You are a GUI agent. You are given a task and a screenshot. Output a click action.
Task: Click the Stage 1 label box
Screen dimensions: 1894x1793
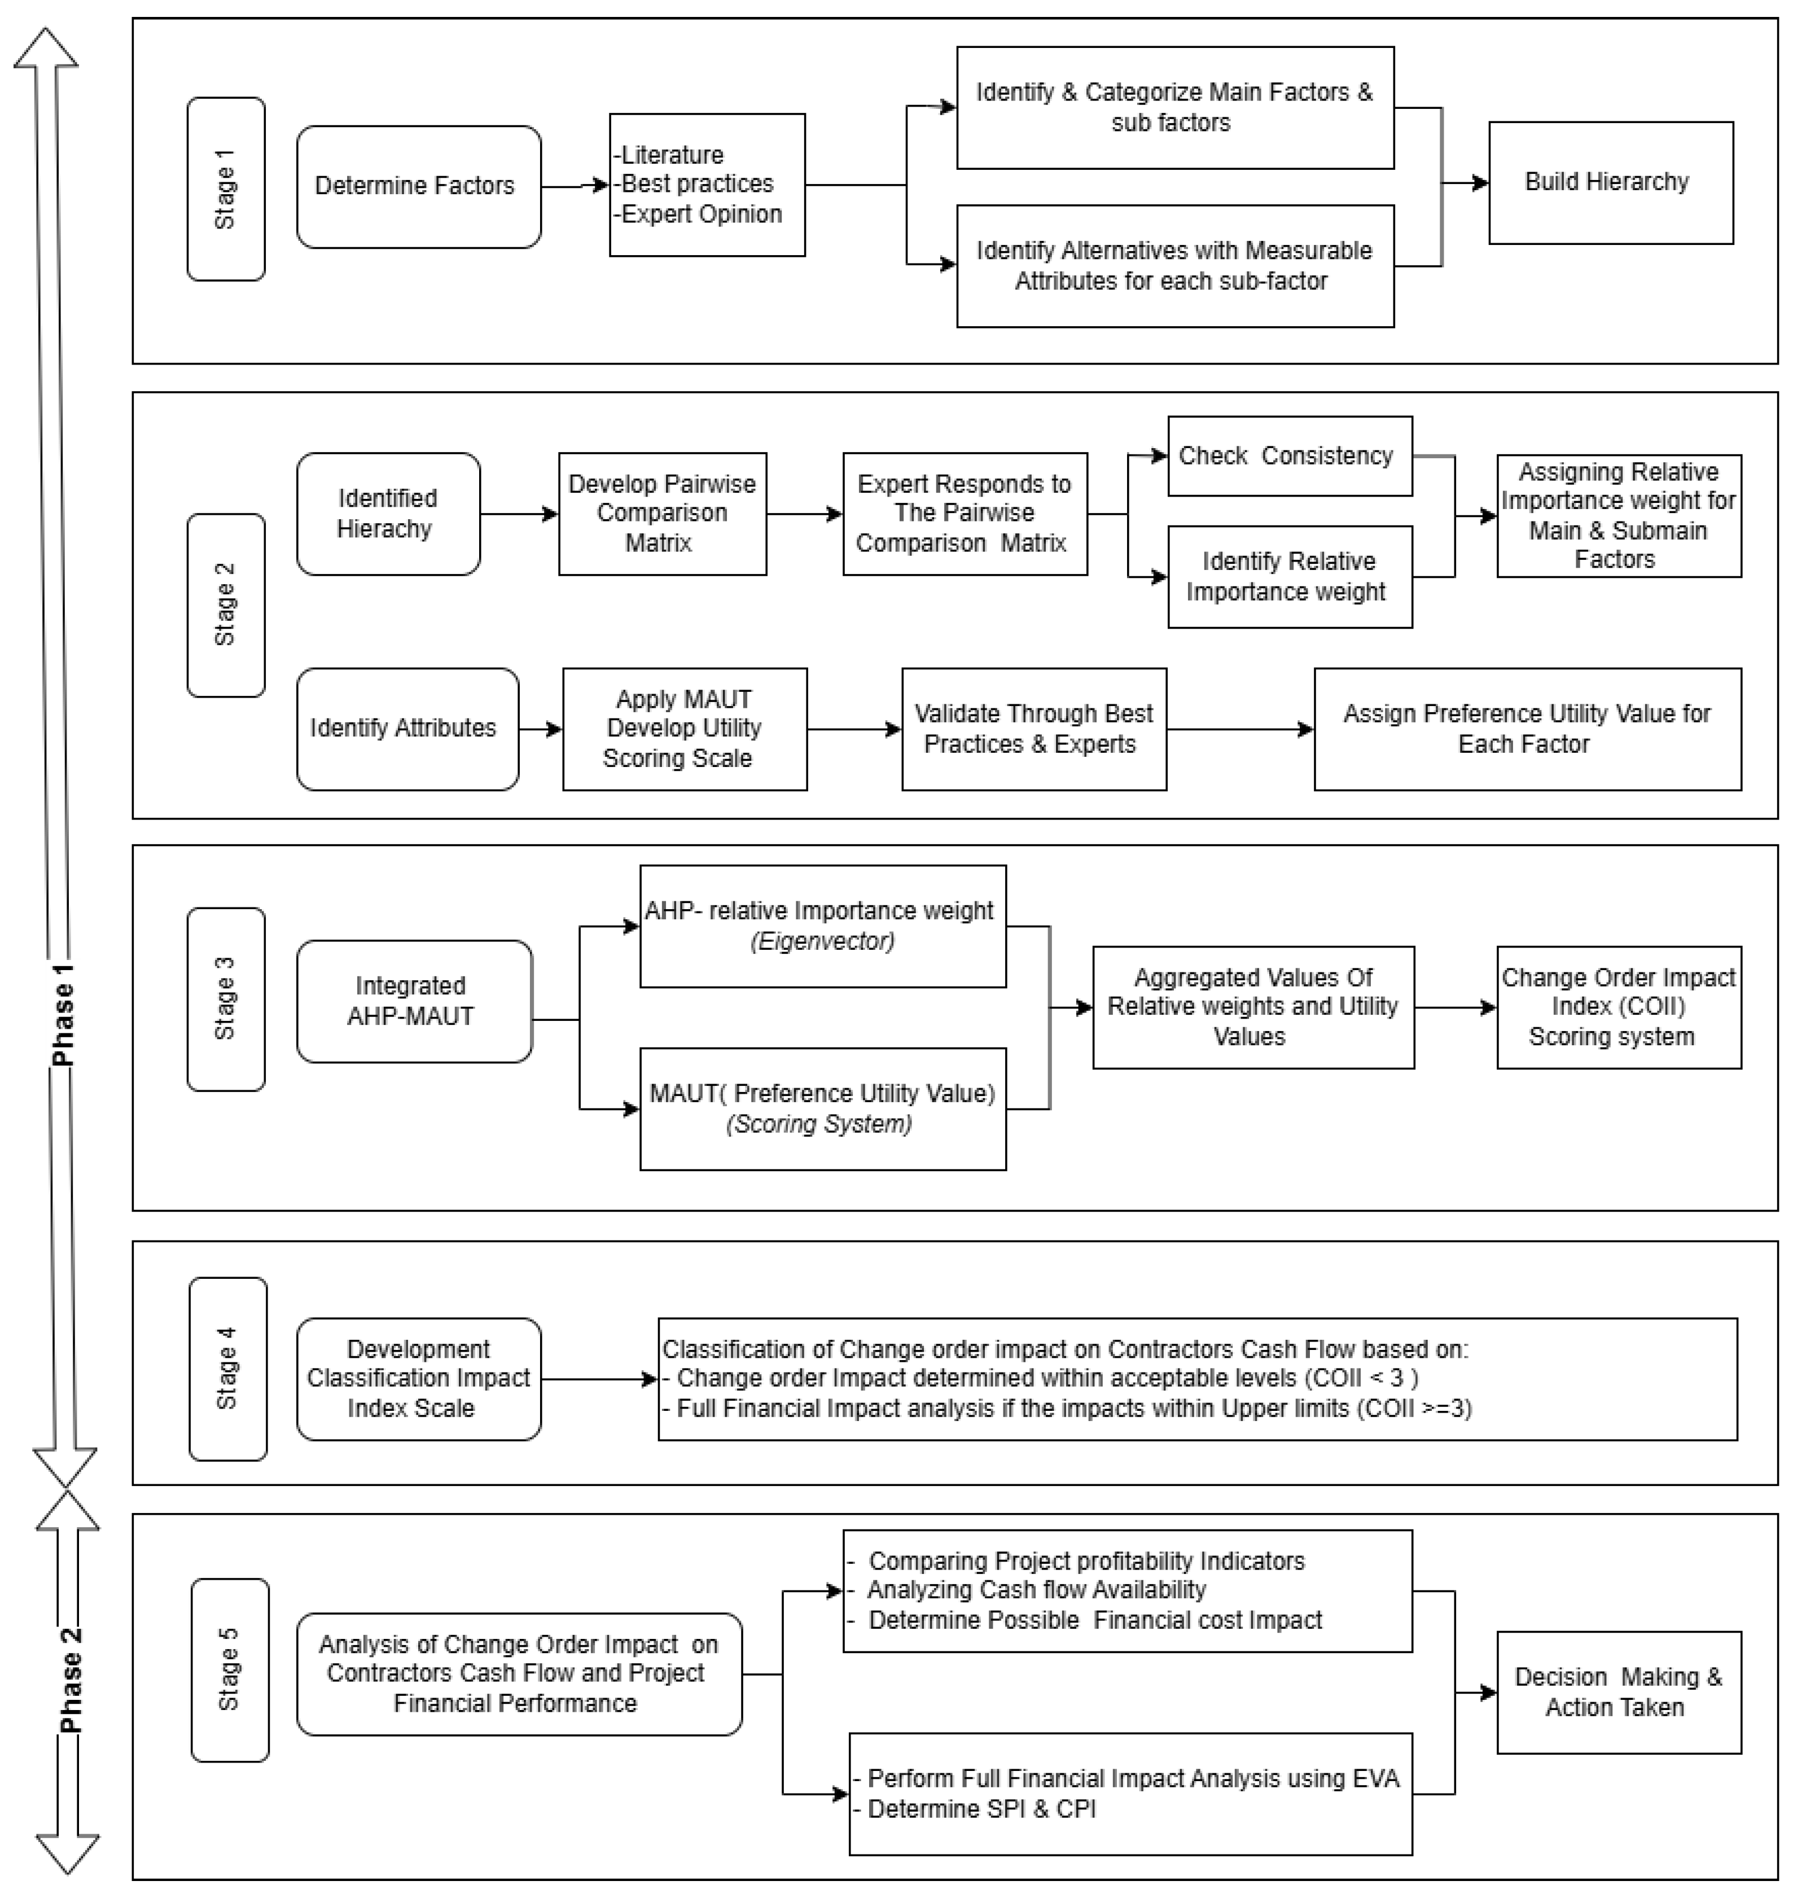pyautogui.click(x=226, y=188)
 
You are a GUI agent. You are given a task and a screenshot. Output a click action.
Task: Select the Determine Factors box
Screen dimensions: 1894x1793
pyautogui.click(x=419, y=186)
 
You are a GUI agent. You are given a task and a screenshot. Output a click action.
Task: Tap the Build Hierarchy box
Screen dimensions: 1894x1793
pyautogui.click(x=1611, y=182)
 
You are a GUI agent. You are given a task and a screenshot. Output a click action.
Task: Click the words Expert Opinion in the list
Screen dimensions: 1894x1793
pyautogui.click(x=702, y=214)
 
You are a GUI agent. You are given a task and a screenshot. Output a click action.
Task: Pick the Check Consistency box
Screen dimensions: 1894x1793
pyautogui.click(x=1290, y=456)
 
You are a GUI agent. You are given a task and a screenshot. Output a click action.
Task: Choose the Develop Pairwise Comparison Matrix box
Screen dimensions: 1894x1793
pyautogui.click(x=663, y=514)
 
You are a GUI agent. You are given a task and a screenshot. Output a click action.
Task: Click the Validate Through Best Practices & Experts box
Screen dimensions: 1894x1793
pyautogui.click(x=1033, y=729)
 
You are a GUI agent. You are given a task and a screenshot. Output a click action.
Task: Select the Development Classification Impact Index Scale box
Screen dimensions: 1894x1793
pyautogui.click(x=419, y=1378)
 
